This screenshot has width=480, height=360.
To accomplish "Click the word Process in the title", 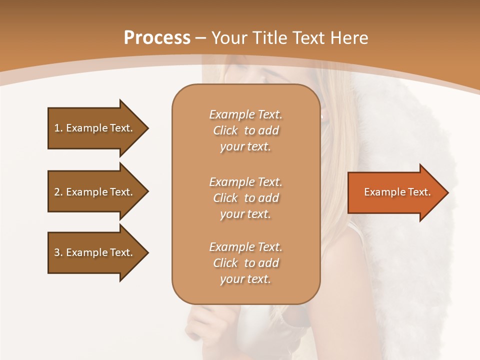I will tap(157, 38).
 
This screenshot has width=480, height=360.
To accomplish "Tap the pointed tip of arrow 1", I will tap(147, 128).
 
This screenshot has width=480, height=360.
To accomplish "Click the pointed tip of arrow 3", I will tap(147, 252).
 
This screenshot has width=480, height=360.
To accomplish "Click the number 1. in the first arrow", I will tap(58, 128).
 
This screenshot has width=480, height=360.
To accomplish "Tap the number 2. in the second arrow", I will tap(58, 192).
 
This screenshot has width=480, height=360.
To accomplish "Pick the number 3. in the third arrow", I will tap(58, 252).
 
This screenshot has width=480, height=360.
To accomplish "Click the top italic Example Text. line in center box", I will tap(245, 114).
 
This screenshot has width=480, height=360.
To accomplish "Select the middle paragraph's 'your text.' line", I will tap(245, 214).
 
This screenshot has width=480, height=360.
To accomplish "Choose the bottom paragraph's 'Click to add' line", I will tap(245, 263).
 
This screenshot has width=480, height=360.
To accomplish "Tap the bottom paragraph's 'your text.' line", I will tap(245, 279).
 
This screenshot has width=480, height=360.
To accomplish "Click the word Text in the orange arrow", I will tap(419, 192).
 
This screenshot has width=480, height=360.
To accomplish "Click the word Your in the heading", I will tap(227, 38).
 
